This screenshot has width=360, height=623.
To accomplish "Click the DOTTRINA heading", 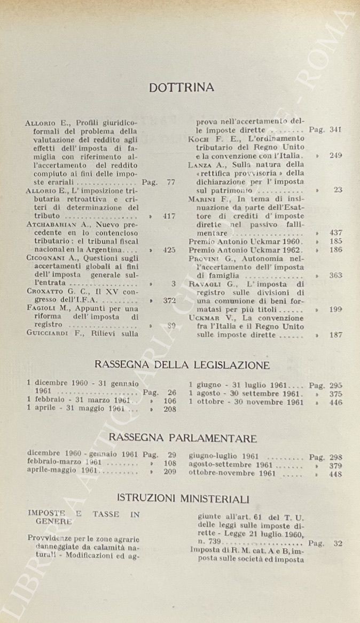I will click(x=182, y=88).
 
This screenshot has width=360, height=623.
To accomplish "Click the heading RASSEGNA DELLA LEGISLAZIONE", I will click(x=182, y=365).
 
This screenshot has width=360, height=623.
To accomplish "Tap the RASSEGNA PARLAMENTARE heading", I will click(x=183, y=438).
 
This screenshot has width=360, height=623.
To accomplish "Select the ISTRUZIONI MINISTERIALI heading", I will click(x=183, y=499).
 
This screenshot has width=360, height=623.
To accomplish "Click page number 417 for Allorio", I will click(x=169, y=216).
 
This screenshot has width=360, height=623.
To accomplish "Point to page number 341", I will click(x=335, y=129).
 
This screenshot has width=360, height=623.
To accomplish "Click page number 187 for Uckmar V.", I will click(x=335, y=335).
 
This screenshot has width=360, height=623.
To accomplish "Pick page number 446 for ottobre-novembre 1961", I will click(x=335, y=402).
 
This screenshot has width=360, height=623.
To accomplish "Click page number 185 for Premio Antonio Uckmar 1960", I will click(x=335, y=242).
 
